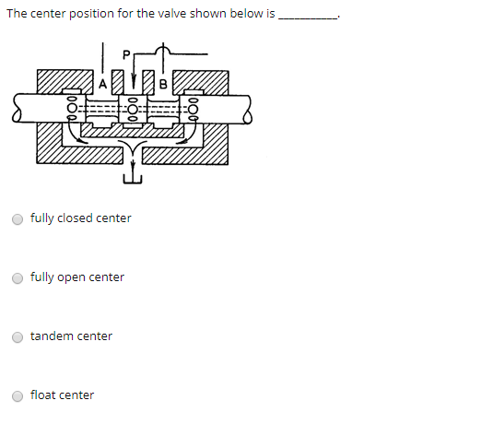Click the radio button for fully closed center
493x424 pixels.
18,218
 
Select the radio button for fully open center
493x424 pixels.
18,277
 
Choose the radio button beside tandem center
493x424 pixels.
18,336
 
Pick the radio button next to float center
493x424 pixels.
18,395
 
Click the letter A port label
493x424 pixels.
104,85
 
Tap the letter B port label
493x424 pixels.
162,85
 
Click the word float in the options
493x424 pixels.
42,395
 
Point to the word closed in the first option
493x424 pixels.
75,218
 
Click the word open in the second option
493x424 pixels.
71,277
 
